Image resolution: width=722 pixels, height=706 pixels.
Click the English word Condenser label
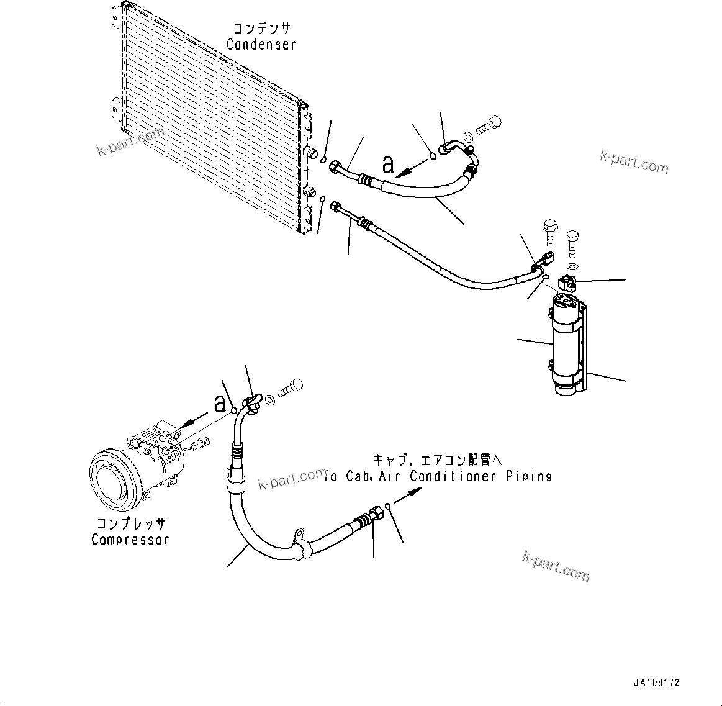click(261, 45)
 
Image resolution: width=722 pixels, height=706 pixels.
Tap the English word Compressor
click(130, 540)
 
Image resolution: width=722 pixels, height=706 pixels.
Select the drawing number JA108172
click(656, 682)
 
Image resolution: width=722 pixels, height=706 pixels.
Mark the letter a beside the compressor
click(219, 404)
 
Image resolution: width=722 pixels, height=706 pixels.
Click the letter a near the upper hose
click(389, 164)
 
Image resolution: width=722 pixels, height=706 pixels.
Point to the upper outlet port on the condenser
click(312, 153)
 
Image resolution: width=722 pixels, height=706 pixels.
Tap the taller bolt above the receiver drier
click(549, 235)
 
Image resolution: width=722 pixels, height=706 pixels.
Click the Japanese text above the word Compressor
click(131, 524)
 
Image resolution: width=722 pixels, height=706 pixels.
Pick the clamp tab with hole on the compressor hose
click(299, 534)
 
